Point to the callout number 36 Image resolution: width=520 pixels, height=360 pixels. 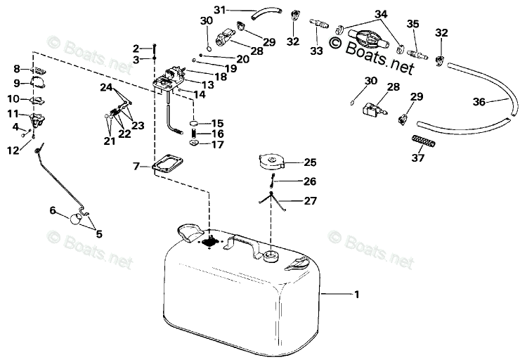click(x=479, y=102)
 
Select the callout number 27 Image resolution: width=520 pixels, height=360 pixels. click(x=310, y=201)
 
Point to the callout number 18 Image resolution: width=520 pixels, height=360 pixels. click(x=221, y=76)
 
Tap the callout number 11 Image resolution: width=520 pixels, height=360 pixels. click(x=13, y=114)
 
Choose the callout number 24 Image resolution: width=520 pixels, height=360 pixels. click(x=106, y=87)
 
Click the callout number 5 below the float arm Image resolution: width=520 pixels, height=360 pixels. click(x=98, y=234)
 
